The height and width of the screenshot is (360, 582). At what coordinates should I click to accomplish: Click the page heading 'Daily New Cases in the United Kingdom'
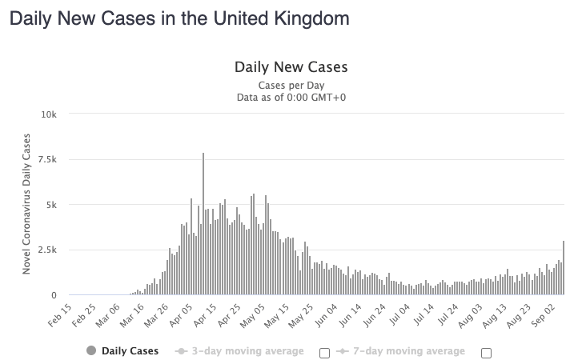179,17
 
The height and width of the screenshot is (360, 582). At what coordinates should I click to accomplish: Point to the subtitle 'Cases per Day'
291,85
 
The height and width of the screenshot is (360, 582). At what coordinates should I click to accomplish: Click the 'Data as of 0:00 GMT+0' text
291,98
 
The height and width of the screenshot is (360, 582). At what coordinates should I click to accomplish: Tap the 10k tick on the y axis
50,114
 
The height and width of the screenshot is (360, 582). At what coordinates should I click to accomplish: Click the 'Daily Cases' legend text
130,350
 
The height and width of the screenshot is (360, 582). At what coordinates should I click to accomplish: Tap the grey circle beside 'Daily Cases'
90,350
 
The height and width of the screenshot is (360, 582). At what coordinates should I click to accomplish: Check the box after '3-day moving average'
324,352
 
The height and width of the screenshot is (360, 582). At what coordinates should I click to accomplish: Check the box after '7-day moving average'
486,352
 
